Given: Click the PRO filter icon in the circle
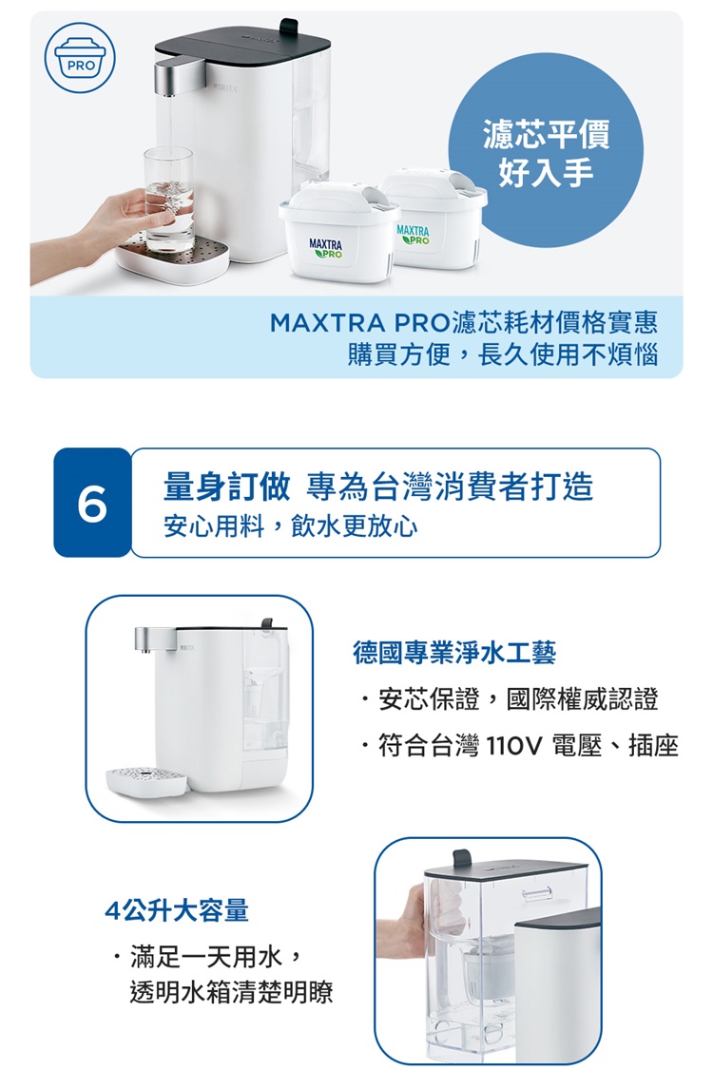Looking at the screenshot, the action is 80,58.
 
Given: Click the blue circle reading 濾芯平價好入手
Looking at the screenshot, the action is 546,151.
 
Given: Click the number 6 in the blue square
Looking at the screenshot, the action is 92,503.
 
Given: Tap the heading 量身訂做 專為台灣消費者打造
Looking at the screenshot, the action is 378,487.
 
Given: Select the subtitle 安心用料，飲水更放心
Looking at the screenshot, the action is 291,526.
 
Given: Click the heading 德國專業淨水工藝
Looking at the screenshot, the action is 454,653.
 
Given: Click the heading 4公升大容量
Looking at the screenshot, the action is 177,910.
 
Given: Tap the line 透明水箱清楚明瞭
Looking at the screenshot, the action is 231,993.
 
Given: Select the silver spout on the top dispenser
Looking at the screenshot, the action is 178,77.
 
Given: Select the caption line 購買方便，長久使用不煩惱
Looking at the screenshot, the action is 503,354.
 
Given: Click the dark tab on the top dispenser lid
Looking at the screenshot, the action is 289,28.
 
